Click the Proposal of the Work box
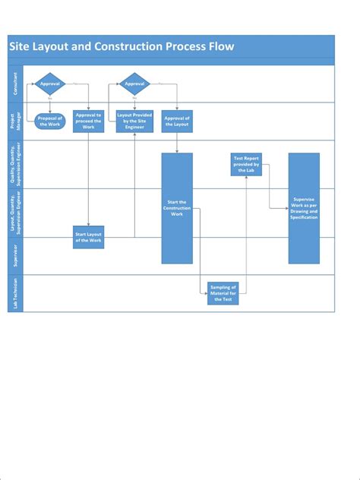(x=50, y=122)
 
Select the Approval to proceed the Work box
(x=88, y=122)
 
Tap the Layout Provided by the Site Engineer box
(x=134, y=122)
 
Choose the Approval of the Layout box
(x=177, y=122)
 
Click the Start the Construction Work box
(x=177, y=208)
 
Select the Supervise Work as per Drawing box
(x=304, y=208)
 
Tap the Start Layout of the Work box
(x=88, y=238)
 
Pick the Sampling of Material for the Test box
(x=223, y=292)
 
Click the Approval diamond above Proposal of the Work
(x=50, y=84)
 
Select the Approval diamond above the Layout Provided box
(x=134, y=84)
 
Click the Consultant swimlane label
(x=15, y=84)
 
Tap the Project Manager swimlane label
(x=15, y=122)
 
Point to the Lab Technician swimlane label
(x=15, y=293)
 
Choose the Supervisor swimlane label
(x=15, y=256)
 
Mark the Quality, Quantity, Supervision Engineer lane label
(x=15, y=164)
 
